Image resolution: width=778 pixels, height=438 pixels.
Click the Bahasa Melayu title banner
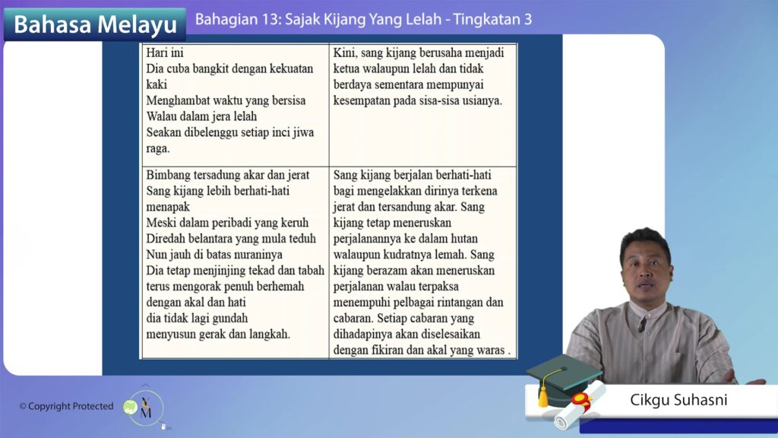[95, 24]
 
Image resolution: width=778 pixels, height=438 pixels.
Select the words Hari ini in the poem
[165, 52]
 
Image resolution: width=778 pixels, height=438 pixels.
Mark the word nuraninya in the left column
[258, 254]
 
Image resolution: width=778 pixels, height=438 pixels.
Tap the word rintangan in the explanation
[456, 303]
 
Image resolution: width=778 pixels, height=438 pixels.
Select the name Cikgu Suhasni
[678, 400]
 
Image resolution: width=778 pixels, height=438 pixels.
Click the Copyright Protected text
[67, 406]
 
